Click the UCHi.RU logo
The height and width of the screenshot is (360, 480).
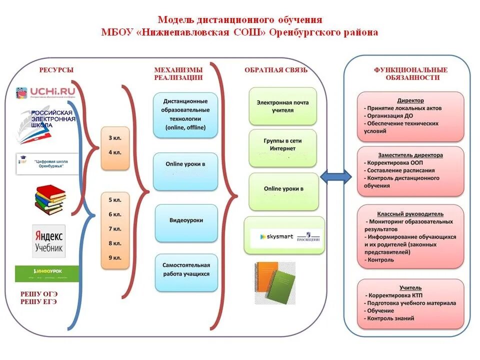(46, 93)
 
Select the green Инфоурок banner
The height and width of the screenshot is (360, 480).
(46, 273)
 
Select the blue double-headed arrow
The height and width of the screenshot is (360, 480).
(335, 176)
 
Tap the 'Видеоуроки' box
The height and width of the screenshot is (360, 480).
(186, 220)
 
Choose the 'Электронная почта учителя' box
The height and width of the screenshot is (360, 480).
(282, 106)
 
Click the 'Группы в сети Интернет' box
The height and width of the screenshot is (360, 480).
(282, 144)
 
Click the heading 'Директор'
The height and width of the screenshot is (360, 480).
(410, 100)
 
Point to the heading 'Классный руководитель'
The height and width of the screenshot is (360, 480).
(410, 213)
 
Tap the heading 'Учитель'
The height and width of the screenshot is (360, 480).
(410, 287)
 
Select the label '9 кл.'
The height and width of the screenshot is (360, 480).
(114, 258)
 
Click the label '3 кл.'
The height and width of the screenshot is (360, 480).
(114, 137)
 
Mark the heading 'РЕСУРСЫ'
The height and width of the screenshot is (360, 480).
(56, 70)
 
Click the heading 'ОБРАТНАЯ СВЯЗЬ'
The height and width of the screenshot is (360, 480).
(276, 70)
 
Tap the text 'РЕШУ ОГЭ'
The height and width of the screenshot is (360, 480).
(39, 294)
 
